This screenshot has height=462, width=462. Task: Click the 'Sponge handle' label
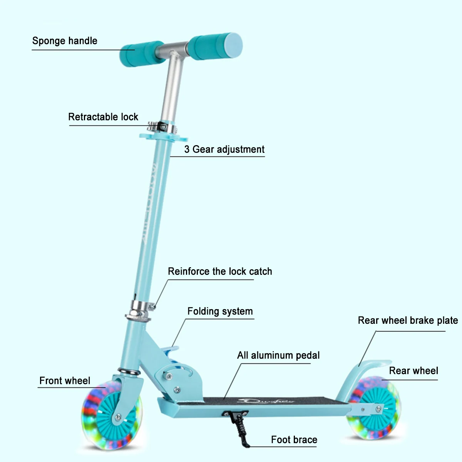pyautogui.click(x=65, y=41)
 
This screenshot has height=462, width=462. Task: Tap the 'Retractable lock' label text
pyautogui.click(x=103, y=117)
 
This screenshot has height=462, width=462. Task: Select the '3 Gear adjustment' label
pyautogui.click(x=224, y=149)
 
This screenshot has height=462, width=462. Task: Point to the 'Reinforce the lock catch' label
pyautogui.click(x=220, y=271)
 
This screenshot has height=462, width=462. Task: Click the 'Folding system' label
pyautogui.click(x=220, y=311)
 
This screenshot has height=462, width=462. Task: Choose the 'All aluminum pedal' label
pyautogui.click(x=278, y=355)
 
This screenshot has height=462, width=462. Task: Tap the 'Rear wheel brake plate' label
pyautogui.click(x=408, y=320)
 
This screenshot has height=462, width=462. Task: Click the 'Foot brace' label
pyautogui.click(x=294, y=440)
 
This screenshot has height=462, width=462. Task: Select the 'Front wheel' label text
pyautogui.click(x=65, y=381)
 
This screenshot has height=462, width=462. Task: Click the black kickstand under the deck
pyautogui.click(x=241, y=427)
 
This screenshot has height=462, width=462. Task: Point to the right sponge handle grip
pyautogui.click(x=216, y=46)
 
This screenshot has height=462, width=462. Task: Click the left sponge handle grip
pyautogui.click(x=141, y=53)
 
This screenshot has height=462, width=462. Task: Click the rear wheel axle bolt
pyautogui.click(x=379, y=408)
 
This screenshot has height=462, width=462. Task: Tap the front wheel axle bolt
pyautogui.click(x=118, y=417)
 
